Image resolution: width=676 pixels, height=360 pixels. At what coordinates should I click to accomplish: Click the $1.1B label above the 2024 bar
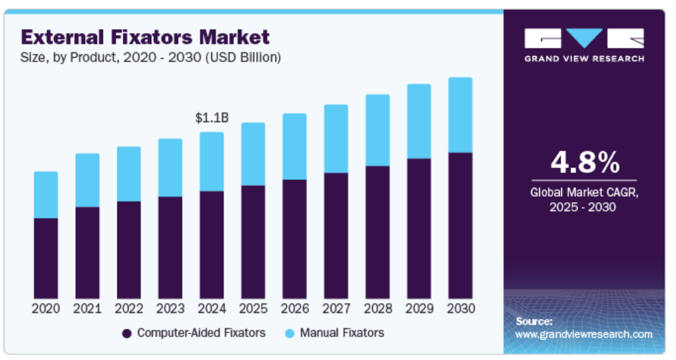(212, 118)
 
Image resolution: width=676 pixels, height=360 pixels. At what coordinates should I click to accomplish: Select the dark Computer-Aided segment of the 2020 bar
(46, 258)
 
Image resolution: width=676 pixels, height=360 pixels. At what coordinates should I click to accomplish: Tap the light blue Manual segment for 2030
(460, 115)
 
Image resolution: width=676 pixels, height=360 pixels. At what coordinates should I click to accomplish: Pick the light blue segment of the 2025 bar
(253, 154)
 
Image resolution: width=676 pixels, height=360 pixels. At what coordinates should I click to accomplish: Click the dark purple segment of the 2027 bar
(336, 235)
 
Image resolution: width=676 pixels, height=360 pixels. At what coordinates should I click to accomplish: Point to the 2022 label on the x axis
(129, 308)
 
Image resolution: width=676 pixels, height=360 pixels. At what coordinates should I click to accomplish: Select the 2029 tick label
(419, 308)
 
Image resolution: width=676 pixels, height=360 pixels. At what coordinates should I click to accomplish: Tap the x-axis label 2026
(294, 308)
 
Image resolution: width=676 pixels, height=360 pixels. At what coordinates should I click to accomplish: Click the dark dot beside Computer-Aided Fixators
(127, 333)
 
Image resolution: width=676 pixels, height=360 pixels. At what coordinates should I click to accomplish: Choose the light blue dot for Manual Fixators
(289, 333)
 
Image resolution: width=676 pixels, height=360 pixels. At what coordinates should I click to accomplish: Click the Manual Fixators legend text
(341, 332)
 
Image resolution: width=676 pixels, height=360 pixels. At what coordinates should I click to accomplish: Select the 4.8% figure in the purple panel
(585, 162)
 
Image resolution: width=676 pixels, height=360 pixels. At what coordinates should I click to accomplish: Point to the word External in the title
(59, 36)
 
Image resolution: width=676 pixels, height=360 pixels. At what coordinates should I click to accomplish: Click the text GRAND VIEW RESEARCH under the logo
(584, 59)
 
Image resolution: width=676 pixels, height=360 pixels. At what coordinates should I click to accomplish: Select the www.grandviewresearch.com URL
(584, 334)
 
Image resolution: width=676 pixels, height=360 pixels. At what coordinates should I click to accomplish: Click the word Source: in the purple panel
(534, 321)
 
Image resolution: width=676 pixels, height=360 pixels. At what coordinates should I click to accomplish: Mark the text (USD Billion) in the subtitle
(244, 57)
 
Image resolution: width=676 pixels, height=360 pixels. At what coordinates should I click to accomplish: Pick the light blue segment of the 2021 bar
(87, 180)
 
